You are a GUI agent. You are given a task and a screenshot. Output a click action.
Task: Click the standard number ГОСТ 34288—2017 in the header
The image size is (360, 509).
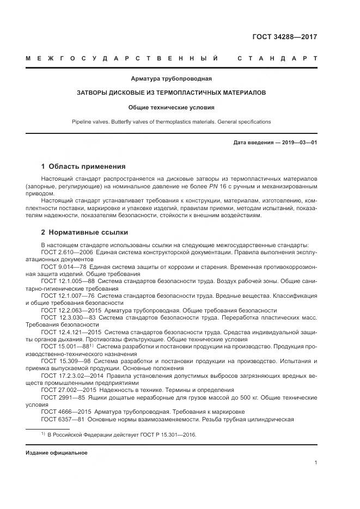pyautogui.click(x=284, y=38)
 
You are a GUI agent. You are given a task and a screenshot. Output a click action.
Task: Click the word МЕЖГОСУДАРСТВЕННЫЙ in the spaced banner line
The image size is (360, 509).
pyautogui.click(x=123, y=58)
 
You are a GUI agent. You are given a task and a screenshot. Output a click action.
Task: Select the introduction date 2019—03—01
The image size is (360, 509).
pyautogui.click(x=298, y=143)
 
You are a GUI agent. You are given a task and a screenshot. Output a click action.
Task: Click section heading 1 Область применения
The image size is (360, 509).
pyautogui.click(x=83, y=167)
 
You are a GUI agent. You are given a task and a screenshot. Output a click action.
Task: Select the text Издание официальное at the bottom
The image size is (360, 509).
pyautogui.click(x=56, y=453)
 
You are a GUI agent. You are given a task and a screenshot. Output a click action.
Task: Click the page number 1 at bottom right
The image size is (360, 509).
pyautogui.click(x=316, y=463)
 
